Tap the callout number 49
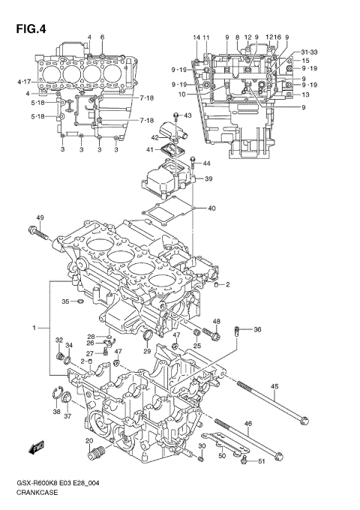[40, 218]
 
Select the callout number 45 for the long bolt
[274, 386]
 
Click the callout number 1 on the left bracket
[34, 328]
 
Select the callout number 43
[187, 115]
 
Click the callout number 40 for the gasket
[211, 208]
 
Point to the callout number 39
[208, 178]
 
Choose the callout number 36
[257, 330]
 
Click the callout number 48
[216, 322]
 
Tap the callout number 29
[148, 351]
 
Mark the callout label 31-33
[309, 52]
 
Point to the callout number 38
[56, 412]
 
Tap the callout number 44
[206, 163]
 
